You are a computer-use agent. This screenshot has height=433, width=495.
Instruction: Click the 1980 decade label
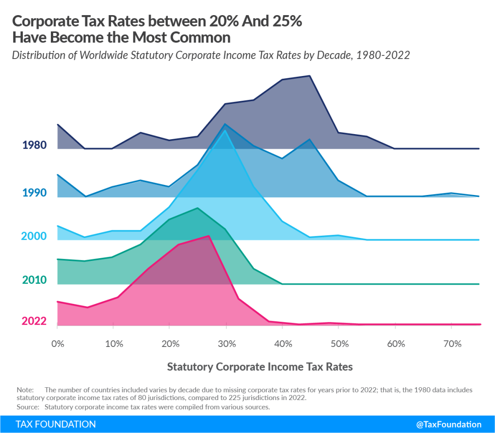tap(34, 146)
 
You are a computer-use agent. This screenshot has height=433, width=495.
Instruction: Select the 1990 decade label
tap(34, 193)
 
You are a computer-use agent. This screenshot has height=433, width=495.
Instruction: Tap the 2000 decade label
tap(33, 236)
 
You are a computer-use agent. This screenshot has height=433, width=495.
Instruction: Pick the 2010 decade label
tap(34, 280)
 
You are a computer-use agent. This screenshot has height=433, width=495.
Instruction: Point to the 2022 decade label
tap(34, 321)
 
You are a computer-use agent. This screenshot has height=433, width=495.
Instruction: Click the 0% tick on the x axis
tap(58, 344)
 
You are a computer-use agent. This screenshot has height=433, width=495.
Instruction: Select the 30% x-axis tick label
tap(226, 344)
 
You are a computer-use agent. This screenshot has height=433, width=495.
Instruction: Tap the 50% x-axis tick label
tap(340, 344)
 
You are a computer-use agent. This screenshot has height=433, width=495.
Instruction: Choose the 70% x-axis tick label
tap(452, 344)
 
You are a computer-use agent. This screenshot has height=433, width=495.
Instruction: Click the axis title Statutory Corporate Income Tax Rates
tap(260, 367)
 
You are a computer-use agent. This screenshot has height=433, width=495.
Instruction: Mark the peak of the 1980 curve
tap(310, 76)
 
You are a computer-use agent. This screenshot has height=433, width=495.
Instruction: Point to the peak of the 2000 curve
tap(225, 130)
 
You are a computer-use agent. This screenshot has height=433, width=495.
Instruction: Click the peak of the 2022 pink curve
tap(209, 236)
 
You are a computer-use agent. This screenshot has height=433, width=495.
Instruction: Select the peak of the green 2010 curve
tap(198, 208)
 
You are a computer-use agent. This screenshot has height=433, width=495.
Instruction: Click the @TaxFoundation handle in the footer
tap(449, 424)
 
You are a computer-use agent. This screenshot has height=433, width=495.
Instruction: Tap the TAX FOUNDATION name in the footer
tap(56, 424)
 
